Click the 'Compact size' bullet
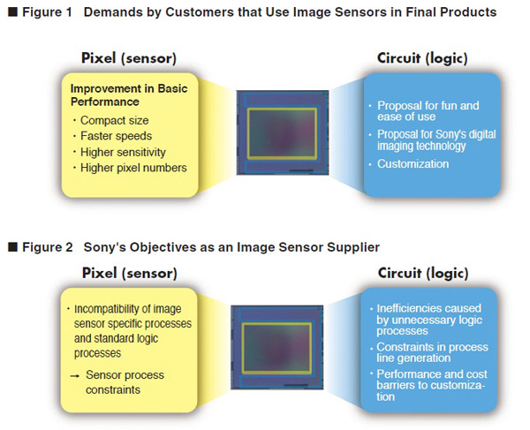114,120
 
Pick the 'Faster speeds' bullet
116,136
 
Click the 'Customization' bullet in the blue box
413,163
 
